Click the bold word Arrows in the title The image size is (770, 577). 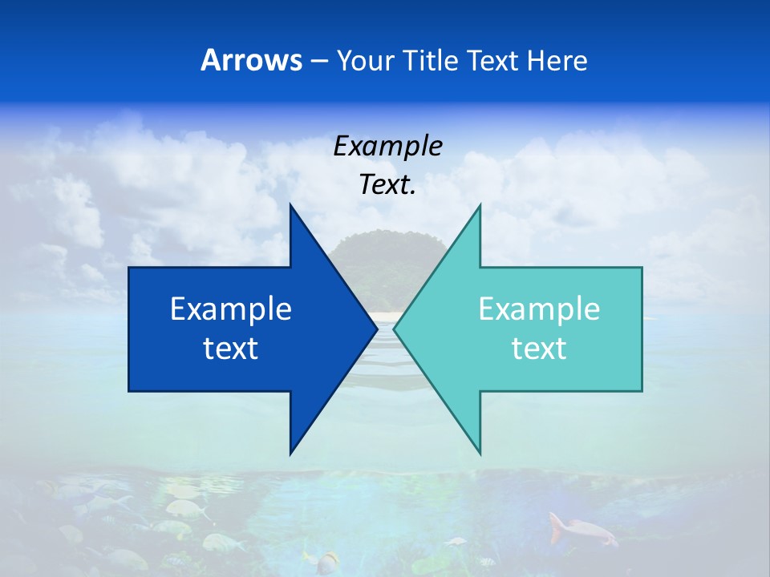tap(251, 60)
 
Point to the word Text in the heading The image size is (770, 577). tap(493, 60)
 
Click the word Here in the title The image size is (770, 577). tap(557, 60)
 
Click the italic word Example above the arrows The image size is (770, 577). tap(387, 146)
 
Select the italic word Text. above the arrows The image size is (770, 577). tap(387, 185)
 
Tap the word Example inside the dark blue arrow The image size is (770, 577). tap(231, 309)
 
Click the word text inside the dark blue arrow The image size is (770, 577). tap(231, 349)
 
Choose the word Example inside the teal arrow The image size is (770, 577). tap(539, 309)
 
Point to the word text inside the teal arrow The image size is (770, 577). tap(539, 349)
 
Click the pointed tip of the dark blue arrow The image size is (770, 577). tap(377, 329)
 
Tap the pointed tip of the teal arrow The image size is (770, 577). tap(394, 329)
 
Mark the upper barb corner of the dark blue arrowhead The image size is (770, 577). tap(290, 205)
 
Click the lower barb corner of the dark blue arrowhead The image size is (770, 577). tap(290, 453)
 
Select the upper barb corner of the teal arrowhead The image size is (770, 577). tap(480, 205)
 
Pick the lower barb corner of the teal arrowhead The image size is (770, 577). tap(480, 453)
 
